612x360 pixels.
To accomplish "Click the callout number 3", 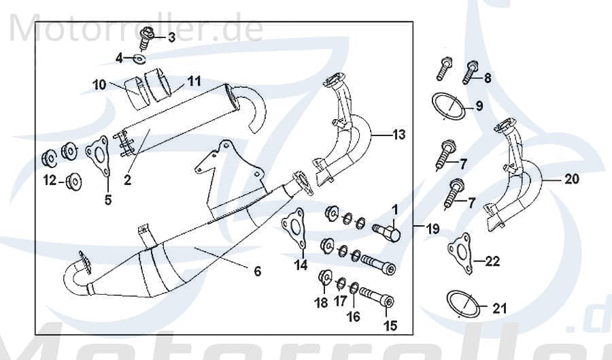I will coord(171,37).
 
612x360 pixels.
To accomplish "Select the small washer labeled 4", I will coord(139,59).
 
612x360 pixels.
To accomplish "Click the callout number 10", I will coord(99,85).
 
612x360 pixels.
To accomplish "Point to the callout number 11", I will coord(194,82).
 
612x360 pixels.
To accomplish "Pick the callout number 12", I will coord(49,180).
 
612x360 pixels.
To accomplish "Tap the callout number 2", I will coord(127,181).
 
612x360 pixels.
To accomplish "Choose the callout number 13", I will coord(398,135).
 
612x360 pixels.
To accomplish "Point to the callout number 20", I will coord(571,180).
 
